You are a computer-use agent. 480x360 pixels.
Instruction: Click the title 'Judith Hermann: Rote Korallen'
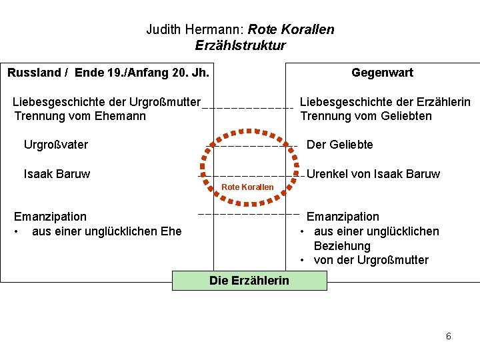[x=240, y=30]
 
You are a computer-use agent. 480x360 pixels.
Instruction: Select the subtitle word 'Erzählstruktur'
[x=240, y=45]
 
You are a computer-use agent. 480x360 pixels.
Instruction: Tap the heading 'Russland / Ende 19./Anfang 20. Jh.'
[x=108, y=72]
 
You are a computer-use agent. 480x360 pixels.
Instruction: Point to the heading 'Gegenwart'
[x=382, y=73]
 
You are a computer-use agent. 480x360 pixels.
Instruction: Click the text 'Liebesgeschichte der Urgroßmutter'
[x=107, y=102]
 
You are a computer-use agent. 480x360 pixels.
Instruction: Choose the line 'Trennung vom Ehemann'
[x=80, y=116]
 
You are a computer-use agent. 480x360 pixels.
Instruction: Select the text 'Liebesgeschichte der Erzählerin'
[x=385, y=102]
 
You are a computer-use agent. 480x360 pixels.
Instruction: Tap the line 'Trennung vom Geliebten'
[x=366, y=116]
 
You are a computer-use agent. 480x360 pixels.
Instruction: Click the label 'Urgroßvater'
[x=56, y=145]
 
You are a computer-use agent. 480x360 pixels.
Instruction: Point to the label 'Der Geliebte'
[x=339, y=145]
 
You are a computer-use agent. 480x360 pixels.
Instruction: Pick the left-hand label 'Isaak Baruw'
[x=57, y=174]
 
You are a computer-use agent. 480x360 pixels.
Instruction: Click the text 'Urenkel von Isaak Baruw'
[x=373, y=174]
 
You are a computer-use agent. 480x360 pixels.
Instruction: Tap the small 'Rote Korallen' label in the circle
[x=247, y=187]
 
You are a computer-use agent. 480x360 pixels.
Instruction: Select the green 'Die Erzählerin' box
[x=249, y=281]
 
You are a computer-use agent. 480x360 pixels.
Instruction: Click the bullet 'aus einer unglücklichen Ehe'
[x=107, y=231]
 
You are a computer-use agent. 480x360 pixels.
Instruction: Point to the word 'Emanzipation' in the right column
[x=343, y=217]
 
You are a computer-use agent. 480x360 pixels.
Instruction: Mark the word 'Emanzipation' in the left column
[x=51, y=217]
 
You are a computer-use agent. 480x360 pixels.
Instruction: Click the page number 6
[x=449, y=336]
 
